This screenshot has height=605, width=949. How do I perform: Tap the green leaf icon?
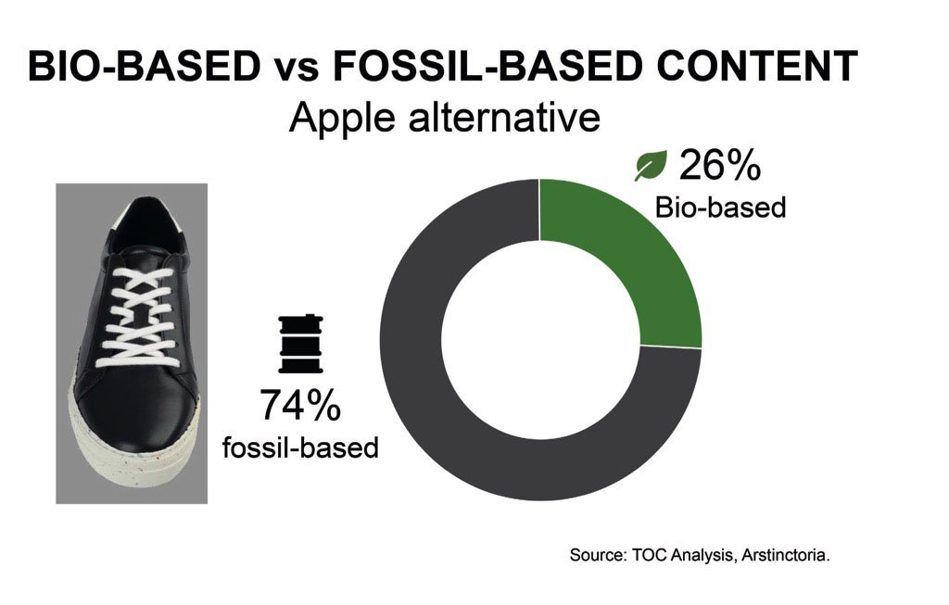click(651, 165)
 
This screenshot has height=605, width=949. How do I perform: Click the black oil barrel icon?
click(300, 344)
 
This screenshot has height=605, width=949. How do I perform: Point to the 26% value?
click(719, 165)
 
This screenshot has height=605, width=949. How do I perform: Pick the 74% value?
click(300, 405)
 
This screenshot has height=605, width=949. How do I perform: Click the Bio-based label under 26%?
click(720, 208)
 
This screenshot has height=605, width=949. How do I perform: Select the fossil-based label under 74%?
click(300, 447)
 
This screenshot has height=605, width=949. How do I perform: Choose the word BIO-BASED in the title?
click(144, 66)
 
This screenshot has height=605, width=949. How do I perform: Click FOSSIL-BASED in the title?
click(487, 66)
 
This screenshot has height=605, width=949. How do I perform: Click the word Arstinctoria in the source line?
click(785, 555)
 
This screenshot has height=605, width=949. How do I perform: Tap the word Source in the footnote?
click(598, 555)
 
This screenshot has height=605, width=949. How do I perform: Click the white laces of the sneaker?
click(138, 316)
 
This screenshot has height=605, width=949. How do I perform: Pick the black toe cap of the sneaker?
click(142, 411)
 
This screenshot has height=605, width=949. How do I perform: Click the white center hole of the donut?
click(540, 341)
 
